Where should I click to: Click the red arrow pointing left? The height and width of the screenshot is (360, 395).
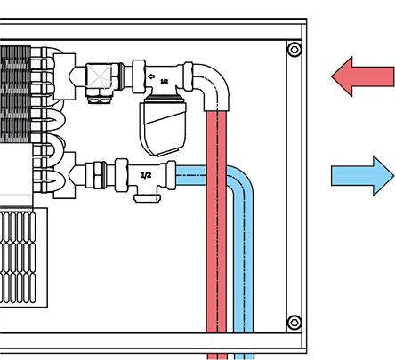362,76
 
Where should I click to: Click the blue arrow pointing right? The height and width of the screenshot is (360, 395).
362,176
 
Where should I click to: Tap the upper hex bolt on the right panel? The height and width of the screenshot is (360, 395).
294,50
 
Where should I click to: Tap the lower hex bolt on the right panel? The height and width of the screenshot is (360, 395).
294,322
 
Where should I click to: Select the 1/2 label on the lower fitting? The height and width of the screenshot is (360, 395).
146,175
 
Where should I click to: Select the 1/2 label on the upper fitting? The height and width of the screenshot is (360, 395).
164,81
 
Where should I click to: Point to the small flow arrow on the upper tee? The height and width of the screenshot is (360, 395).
151,76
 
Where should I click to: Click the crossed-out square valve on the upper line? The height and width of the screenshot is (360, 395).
99,76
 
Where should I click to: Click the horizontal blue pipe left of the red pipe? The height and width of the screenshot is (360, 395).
191,175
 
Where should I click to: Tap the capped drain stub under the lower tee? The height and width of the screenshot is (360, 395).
147,198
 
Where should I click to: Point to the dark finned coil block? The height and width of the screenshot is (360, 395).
15,94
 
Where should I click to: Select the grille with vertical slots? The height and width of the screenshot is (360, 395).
18,257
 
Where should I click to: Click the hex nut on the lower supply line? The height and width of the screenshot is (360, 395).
100,175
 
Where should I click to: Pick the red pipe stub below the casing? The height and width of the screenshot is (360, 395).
217,356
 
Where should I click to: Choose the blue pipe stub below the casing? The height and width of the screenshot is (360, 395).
244,356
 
